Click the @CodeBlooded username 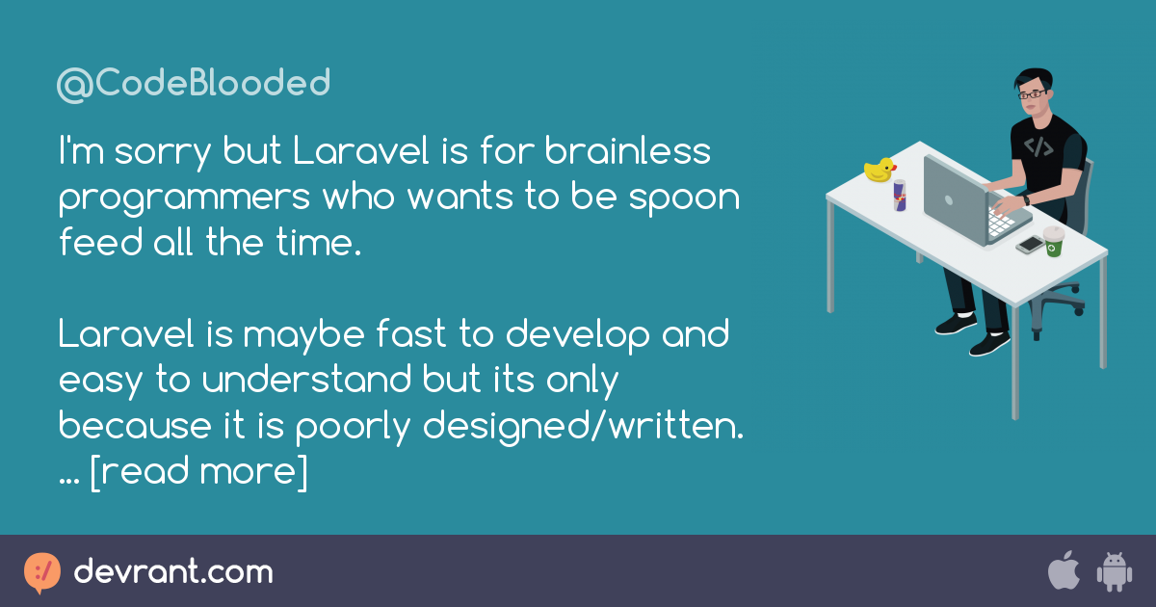pyautogui.click(x=194, y=84)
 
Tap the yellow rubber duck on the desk pyautogui.click(x=880, y=170)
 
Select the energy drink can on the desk pyautogui.click(x=900, y=195)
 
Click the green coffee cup pyautogui.click(x=1053, y=242)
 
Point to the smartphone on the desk pyautogui.click(x=1030, y=245)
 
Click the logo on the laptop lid pyautogui.click(x=949, y=200)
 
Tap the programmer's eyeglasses pyautogui.click(x=1032, y=94)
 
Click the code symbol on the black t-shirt pyautogui.click(x=1038, y=147)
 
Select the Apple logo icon pyautogui.click(x=1064, y=569)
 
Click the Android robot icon pyautogui.click(x=1115, y=571)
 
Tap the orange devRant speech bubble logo pyautogui.click(x=42, y=573)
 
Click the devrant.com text pyautogui.click(x=173, y=571)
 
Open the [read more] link pyautogui.click(x=198, y=472)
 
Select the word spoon pyautogui.click(x=684, y=198)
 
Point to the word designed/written pyautogui.click(x=583, y=426)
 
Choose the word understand pyautogui.click(x=306, y=380)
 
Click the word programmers pyautogui.click(x=184, y=198)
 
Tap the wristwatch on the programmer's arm pyautogui.click(x=1026, y=199)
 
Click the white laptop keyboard pyautogui.click(x=1000, y=223)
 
